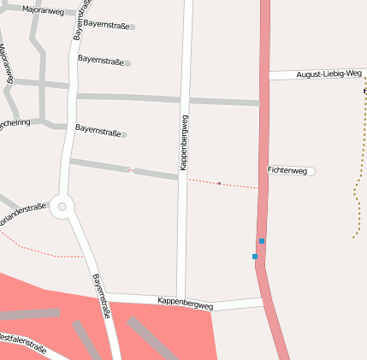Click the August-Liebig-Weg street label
329,74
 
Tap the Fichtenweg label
287,171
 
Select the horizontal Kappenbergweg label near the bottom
186,302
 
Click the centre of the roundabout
62,206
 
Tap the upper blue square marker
262,241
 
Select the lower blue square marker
255,257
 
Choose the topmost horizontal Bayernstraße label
107,26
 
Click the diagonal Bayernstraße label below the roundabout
102,296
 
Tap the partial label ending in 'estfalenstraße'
22,342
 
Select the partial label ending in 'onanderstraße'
22,210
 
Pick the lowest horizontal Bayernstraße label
98,130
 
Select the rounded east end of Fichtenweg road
312,171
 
